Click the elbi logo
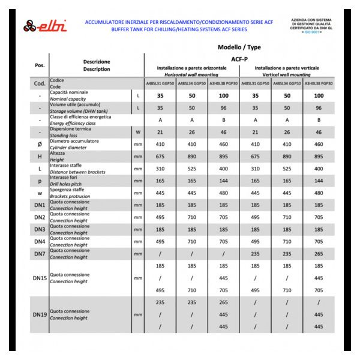click(46, 26)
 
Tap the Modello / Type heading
click(239, 47)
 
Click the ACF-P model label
click(239, 59)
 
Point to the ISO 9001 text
click(311, 32)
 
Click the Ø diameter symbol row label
click(40, 144)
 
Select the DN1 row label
click(40, 205)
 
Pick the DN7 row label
click(40, 254)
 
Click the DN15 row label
click(40, 278)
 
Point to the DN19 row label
click(40, 314)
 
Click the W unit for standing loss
click(138, 132)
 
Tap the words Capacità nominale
click(68, 92)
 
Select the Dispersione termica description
click(70, 128)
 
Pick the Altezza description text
click(59, 153)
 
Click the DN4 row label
click(40, 242)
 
